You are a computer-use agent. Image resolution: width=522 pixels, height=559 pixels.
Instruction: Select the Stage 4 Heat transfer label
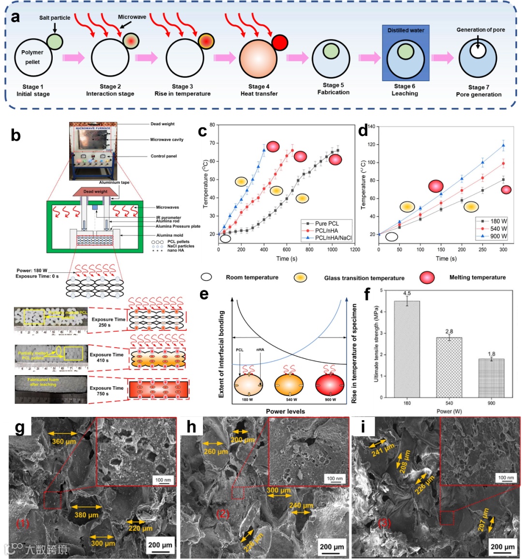pyautogui.click(x=259, y=90)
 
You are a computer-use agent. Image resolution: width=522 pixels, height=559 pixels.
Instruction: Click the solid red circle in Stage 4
pyautogui.click(x=279, y=43)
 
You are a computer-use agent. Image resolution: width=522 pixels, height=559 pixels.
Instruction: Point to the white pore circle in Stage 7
pyautogui.click(x=478, y=51)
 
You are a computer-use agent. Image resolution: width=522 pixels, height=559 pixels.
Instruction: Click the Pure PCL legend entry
pyautogui.click(x=327, y=223)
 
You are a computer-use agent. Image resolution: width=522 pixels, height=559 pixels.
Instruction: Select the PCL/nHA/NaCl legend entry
pyautogui.click(x=333, y=238)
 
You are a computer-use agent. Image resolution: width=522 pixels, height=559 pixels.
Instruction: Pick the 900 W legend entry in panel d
pyautogui.click(x=498, y=236)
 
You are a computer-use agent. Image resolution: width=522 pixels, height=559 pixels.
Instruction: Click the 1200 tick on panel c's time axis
pyautogui.click(x=355, y=250)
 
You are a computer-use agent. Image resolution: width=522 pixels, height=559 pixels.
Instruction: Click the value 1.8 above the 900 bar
pyautogui.click(x=492, y=354)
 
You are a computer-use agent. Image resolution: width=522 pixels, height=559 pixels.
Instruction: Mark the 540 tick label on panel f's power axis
pyautogui.click(x=449, y=403)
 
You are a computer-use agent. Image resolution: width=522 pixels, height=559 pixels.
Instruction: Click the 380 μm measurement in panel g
pyautogui.click(x=87, y=515)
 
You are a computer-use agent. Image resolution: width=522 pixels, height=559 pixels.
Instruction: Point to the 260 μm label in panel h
pyautogui.click(x=216, y=452)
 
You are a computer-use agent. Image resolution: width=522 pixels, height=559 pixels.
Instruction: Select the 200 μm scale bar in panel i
pyautogui.click(x=503, y=547)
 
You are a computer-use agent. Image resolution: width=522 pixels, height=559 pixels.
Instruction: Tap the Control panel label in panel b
pyautogui.click(x=164, y=156)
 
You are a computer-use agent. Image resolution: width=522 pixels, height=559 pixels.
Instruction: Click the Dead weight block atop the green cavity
pyautogui.click(x=96, y=191)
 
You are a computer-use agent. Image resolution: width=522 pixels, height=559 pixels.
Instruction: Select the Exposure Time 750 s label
pyautogui.click(x=106, y=391)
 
